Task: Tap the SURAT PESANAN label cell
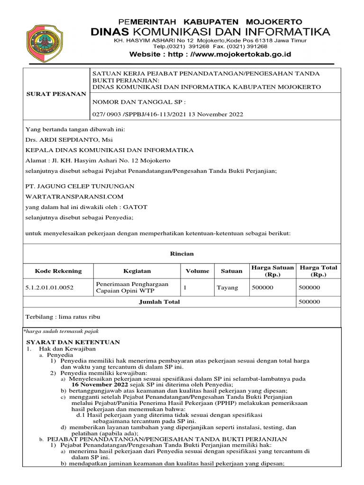(56, 94)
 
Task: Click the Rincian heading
(182, 253)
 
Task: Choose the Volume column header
(197, 271)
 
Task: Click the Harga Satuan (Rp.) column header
(273, 271)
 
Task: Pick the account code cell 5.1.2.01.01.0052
(49, 287)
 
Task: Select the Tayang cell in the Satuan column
(227, 287)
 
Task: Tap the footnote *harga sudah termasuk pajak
(61, 332)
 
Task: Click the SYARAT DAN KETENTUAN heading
(73, 342)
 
